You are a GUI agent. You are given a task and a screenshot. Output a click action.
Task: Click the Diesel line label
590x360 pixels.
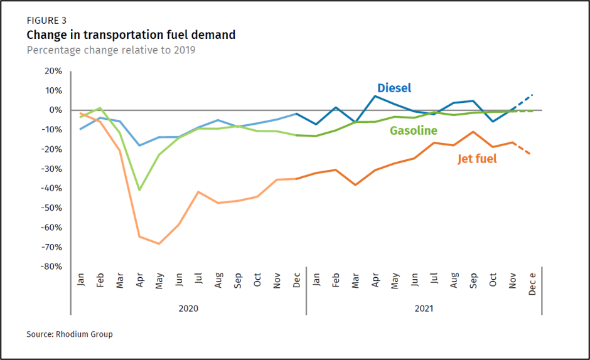pyautogui.click(x=394, y=88)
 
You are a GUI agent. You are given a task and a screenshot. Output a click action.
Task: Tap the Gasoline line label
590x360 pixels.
pyautogui.click(x=413, y=131)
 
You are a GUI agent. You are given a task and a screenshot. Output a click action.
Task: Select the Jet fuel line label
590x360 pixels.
pyautogui.click(x=477, y=159)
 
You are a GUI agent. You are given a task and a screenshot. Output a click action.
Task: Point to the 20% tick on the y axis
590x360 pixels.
pyautogui.click(x=53, y=71)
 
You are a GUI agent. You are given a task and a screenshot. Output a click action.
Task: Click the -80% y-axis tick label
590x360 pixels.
pyautogui.click(x=51, y=267)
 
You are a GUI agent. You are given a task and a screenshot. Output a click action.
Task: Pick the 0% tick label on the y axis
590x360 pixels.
pyautogui.click(x=56, y=110)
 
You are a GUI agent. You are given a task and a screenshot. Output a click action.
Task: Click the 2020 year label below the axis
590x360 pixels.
pyautogui.click(x=188, y=309)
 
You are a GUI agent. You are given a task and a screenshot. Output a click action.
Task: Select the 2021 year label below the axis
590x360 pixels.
pyautogui.click(x=424, y=309)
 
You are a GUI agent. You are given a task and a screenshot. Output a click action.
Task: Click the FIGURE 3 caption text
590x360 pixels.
pyautogui.click(x=46, y=21)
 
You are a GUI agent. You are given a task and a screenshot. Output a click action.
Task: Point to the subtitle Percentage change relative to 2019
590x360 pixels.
pyautogui.click(x=111, y=50)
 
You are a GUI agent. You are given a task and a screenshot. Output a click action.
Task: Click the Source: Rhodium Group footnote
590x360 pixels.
pyautogui.click(x=70, y=334)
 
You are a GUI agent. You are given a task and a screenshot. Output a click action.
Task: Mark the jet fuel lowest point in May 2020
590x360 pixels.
pyautogui.click(x=159, y=243)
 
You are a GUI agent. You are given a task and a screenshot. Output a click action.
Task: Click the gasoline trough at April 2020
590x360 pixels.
pyautogui.click(x=139, y=190)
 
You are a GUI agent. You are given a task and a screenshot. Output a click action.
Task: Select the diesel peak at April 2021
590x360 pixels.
pyautogui.click(x=375, y=96)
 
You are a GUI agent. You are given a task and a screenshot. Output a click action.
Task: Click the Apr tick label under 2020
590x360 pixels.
pyautogui.click(x=139, y=280)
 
